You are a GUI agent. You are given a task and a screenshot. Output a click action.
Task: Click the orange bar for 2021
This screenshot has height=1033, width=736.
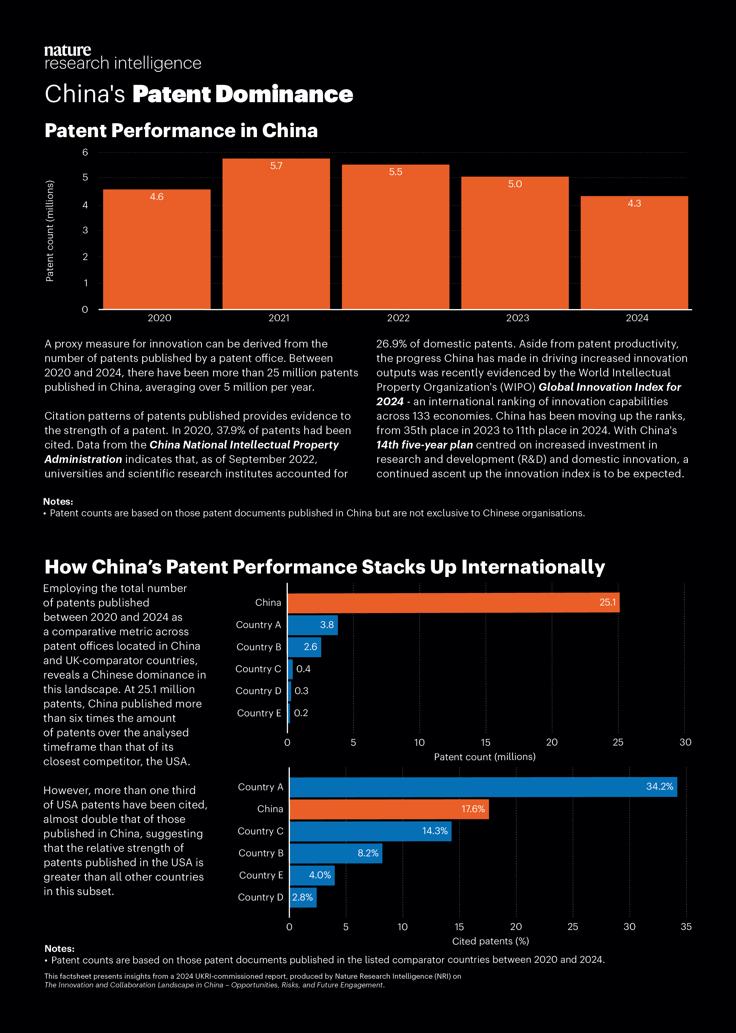point(276,234)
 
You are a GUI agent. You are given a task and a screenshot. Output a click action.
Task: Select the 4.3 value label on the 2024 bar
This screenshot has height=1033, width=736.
point(634,203)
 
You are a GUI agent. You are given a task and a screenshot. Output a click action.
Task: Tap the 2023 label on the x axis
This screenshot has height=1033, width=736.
point(518,318)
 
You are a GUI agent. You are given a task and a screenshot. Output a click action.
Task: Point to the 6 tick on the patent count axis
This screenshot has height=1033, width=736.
point(85,152)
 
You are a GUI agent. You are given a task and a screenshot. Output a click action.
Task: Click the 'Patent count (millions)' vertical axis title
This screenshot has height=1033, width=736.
point(50,231)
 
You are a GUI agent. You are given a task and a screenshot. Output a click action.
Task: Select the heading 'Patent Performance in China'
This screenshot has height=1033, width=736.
point(181,130)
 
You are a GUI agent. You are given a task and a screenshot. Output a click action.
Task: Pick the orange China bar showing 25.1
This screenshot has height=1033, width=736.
point(453,603)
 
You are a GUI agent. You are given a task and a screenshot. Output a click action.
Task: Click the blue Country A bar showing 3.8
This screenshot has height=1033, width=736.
point(313,625)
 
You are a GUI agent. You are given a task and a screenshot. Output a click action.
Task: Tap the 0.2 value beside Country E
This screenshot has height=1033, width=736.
point(301,713)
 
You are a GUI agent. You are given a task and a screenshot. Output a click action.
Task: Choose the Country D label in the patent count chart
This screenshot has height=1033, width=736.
point(258,691)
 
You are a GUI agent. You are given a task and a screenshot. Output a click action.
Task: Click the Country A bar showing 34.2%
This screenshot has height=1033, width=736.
point(483,787)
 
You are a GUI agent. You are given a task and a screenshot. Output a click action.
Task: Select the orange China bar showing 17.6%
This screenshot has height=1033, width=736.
point(389,809)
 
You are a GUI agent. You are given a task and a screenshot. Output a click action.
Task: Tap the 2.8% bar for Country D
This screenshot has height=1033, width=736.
point(303,897)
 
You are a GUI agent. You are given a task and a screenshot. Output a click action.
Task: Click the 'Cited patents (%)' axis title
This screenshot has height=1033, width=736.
point(490,942)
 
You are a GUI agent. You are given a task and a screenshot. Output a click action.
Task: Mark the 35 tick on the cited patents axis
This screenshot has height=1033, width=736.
point(686,927)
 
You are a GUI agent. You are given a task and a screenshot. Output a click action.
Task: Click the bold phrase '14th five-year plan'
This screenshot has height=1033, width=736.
point(425,445)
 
